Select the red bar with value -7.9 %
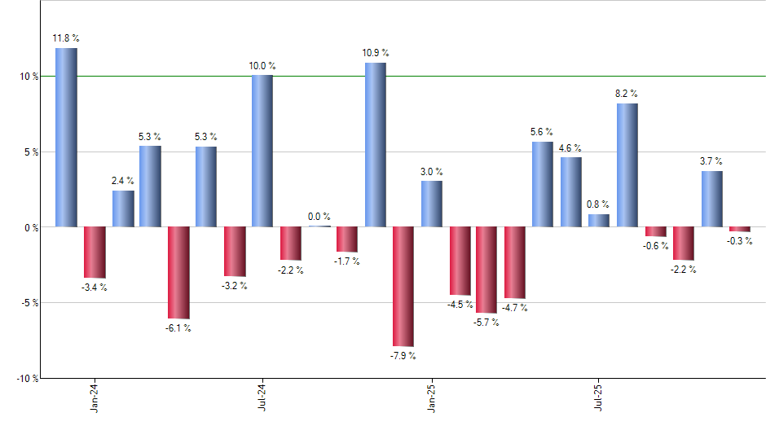403,287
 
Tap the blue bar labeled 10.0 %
262,151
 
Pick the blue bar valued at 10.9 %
375,144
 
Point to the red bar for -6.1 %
178,272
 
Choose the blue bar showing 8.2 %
627,165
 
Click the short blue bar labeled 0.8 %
599,220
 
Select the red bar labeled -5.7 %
486,270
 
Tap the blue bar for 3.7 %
711,199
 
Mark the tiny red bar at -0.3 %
739,229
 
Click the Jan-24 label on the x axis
96,395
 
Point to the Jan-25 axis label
432,395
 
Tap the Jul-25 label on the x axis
600,395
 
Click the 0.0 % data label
319,217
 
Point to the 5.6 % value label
542,131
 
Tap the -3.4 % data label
95,287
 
